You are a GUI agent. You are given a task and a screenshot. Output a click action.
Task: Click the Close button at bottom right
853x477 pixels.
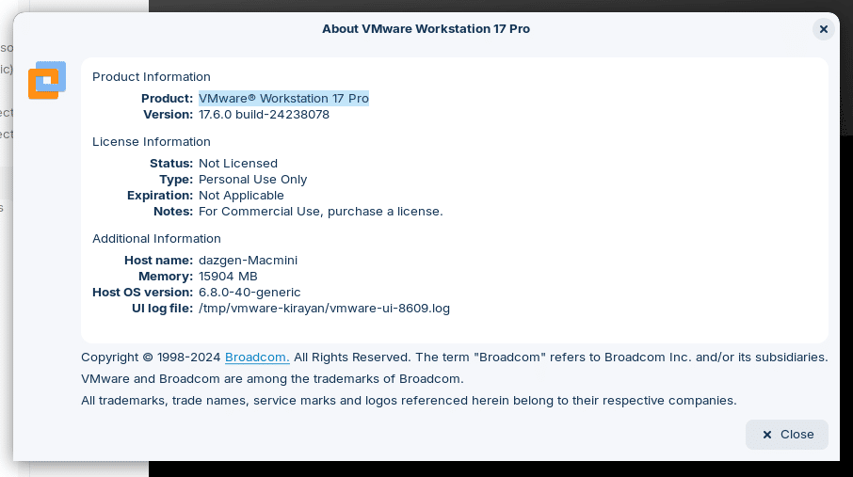pyautogui.click(x=787, y=435)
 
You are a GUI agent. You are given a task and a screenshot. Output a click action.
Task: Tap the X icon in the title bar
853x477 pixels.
pyautogui.click(x=824, y=29)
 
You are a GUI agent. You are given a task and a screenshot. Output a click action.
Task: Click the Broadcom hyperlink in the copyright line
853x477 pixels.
pyautogui.click(x=257, y=358)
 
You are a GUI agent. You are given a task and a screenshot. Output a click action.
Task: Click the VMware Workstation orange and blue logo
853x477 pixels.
pyautogui.click(x=47, y=80)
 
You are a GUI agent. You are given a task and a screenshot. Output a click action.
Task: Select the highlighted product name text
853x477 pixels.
pyautogui.click(x=283, y=99)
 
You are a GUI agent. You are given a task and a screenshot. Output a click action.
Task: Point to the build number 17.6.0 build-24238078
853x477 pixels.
pyautogui.click(x=264, y=115)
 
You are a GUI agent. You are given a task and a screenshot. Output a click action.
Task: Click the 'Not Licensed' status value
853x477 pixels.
pyautogui.click(x=238, y=163)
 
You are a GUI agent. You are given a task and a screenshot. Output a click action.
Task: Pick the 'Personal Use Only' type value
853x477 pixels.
pyautogui.click(x=252, y=180)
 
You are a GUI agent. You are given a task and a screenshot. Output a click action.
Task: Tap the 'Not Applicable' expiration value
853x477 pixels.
pyautogui.click(x=241, y=196)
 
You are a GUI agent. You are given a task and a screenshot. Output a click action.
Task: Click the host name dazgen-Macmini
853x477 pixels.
pyautogui.click(x=248, y=260)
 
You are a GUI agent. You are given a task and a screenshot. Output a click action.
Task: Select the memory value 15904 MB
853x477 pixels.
pyautogui.click(x=228, y=277)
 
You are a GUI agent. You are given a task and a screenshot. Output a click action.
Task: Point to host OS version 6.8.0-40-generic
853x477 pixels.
pyautogui.click(x=249, y=292)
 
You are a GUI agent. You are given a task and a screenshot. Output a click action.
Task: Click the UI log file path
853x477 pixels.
pyautogui.click(x=324, y=309)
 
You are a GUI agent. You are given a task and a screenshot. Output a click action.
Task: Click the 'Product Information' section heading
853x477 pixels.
pyautogui.click(x=152, y=77)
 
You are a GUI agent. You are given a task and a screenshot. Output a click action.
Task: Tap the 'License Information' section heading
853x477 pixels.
pyautogui.click(x=152, y=142)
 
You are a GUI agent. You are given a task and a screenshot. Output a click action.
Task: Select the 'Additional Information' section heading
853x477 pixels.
pyautogui.click(x=156, y=239)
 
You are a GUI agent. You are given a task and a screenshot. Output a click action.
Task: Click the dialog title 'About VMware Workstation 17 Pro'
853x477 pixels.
pyautogui.click(x=426, y=29)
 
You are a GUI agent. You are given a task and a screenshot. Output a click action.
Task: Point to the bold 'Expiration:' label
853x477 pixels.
pyautogui.click(x=160, y=196)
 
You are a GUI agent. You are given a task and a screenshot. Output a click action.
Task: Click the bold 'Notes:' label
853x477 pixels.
pyautogui.click(x=173, y=212)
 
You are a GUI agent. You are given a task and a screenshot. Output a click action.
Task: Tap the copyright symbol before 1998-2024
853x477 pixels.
pyautogui.click(x=148, y=358)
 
